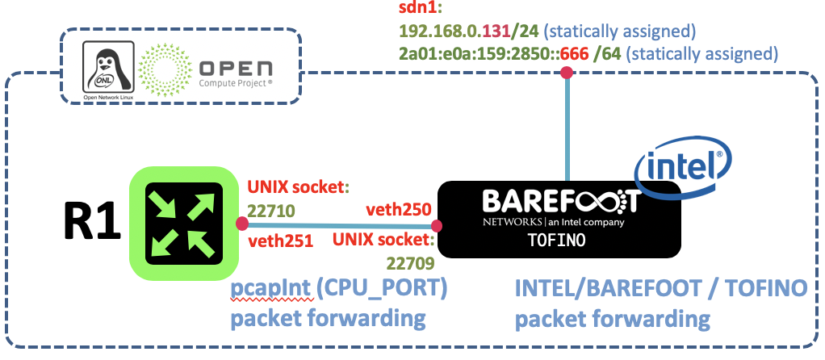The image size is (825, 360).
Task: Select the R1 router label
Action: [x=92, y=225]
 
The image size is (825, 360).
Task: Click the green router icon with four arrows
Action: [x=184, y=223]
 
